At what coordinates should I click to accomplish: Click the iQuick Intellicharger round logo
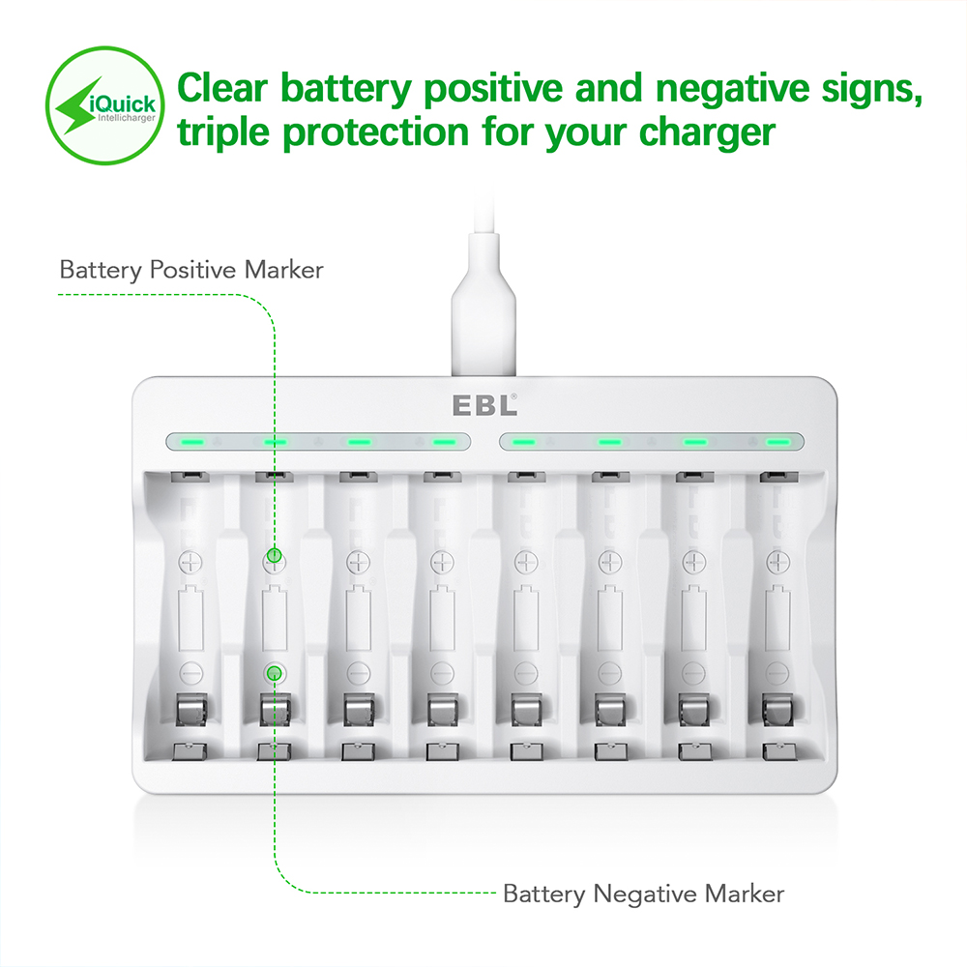(104, 105)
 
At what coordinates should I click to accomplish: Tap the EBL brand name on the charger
(484, 405)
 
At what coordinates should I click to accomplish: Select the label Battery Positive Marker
(191, 270)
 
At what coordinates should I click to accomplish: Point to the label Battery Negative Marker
(643, 894)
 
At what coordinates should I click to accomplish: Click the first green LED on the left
(191, 442)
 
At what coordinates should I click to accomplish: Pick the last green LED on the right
(777, 442)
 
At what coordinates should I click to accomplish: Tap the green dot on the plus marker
(275, 556)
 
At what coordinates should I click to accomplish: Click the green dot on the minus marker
(275, 673)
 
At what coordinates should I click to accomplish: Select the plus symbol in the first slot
(190, 562)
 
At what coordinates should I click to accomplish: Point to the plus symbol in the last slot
(777, 562)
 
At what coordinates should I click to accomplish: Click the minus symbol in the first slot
(190, 673)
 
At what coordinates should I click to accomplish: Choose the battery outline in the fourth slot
(442, 617)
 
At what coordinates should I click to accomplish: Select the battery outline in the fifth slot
(526, 617)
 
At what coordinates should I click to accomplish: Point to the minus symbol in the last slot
(777, 673)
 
